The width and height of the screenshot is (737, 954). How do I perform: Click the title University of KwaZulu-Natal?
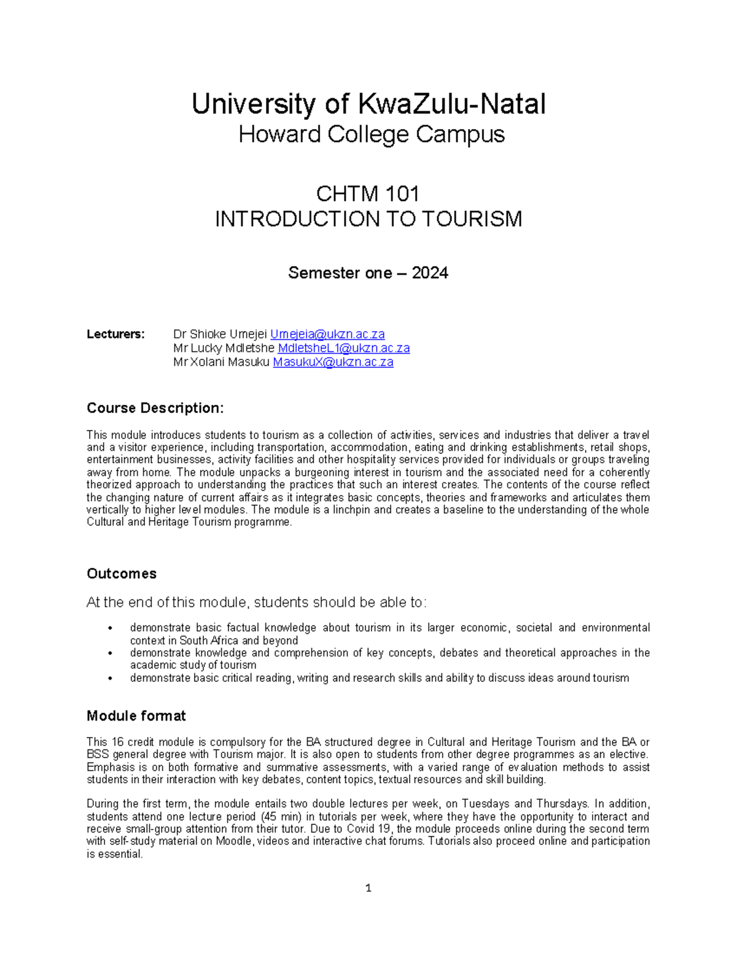point(368,104)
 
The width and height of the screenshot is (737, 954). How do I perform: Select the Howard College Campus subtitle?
point(371,134)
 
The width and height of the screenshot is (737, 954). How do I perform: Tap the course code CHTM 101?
point(367,194)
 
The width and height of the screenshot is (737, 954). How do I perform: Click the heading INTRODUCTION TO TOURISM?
point(368,219)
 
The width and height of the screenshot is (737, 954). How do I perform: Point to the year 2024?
point(430,273)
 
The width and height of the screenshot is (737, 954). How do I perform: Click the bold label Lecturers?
point(115,334)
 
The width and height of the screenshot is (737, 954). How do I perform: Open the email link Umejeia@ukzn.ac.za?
point(327,334)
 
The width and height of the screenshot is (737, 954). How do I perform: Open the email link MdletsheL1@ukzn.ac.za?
point(343,348)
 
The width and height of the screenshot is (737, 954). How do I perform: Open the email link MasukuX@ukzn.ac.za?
point(333,362)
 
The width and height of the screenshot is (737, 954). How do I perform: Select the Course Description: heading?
point(155,408)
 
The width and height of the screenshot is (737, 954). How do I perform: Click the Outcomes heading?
point(122,574)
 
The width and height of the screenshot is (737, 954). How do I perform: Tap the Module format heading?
point(136,716)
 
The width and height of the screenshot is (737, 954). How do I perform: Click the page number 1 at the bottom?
point(368,888)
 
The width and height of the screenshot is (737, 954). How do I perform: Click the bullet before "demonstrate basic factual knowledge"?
point(110,628)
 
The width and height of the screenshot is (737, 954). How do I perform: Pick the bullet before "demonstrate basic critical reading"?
point(110,678)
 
